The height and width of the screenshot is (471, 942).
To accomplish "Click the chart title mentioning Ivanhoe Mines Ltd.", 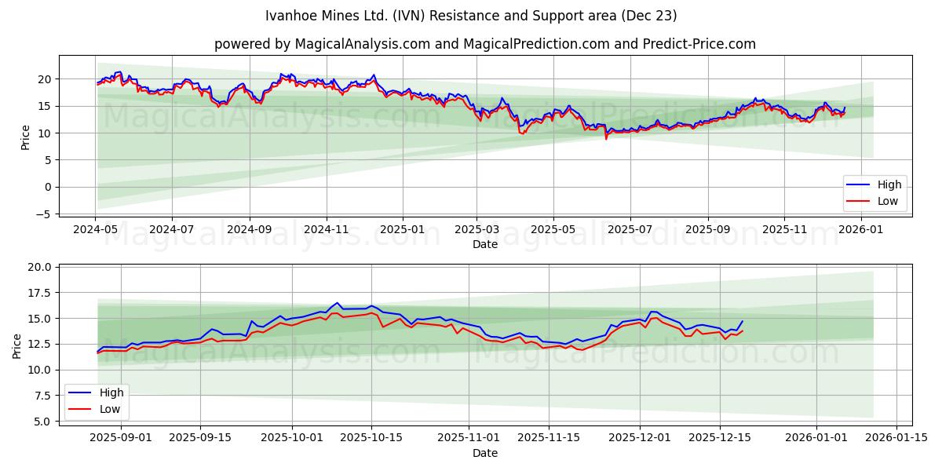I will tap(471, 16).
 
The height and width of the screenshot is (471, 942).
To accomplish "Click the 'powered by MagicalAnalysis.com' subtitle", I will tap(484, 44).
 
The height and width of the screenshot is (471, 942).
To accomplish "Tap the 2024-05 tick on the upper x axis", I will tap(95, 229).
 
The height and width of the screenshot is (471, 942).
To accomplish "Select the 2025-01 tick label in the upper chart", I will tap(403, 229).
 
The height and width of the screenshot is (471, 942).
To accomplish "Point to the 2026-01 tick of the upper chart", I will tap(862, 229).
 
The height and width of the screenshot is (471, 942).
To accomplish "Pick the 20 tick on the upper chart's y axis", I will tap(46, 79).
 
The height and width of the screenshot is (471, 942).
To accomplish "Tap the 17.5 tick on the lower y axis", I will tap(39, 293).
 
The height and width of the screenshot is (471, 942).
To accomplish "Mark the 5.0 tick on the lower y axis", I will tap(42, 422).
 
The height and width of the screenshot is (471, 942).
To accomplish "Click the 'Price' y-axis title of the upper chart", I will tap(25, 137).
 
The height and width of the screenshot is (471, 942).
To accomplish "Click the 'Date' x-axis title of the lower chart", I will tap(484, 453).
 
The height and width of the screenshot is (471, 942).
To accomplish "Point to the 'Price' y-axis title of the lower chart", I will tap(17, 345).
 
